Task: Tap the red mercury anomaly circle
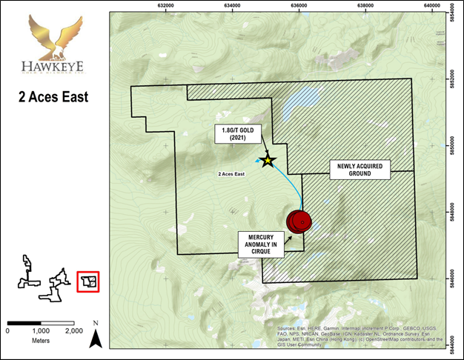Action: (x=299, y=221)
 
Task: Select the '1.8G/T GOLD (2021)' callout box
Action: (x=228, y=134)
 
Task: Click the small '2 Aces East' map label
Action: (x=233, y=175)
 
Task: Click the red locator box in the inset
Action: (x=88, y=281)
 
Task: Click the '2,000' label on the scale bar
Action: (x=73, y=330)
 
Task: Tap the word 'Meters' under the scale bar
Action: (x=40, y=341)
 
